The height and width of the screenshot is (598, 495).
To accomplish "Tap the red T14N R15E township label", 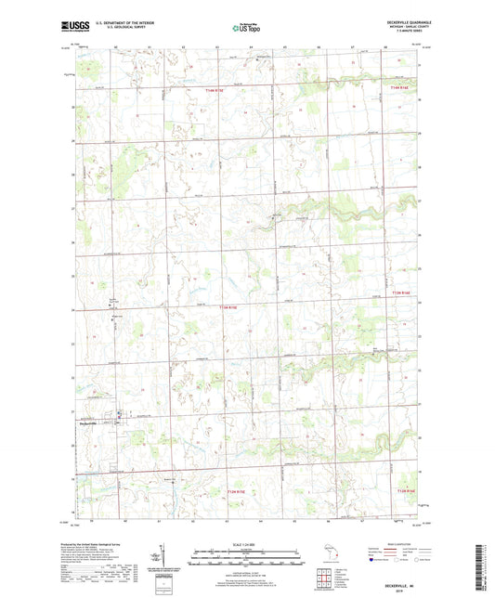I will (215, 90).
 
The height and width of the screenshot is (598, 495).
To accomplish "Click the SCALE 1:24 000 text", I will (246, 543).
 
